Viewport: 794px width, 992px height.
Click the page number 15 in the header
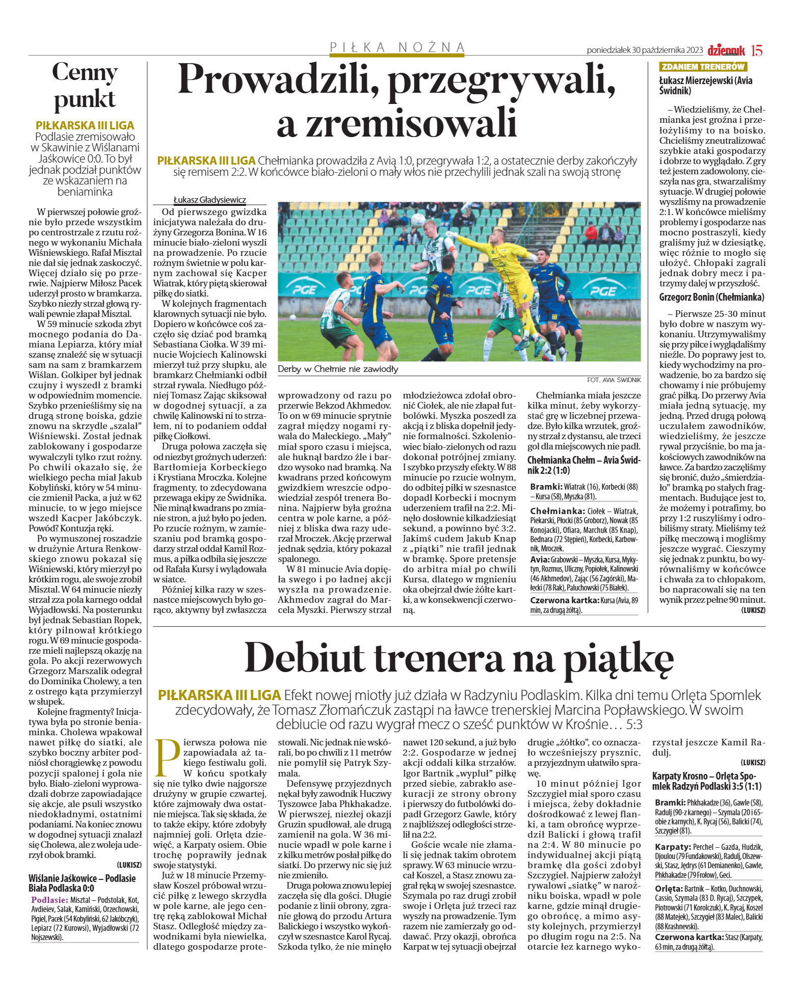[757, 50]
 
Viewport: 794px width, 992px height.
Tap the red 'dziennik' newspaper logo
[726, 50]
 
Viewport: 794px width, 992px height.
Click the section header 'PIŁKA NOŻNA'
[398, 47]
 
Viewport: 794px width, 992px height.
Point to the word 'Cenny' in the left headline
[85, 72]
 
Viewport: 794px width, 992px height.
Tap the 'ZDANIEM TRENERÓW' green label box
[703, 67]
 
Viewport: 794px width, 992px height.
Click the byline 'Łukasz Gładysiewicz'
[209, 200]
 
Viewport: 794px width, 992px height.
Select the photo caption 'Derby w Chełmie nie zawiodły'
[338, 369]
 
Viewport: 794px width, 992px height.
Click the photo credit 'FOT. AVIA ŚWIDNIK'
[614, 380]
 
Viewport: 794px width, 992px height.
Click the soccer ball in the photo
[418, 220]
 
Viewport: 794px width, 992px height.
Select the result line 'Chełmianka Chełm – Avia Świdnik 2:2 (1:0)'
[584, 465]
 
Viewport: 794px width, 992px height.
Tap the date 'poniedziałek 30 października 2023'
[645, 50]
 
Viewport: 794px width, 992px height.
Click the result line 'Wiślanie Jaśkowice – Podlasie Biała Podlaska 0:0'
[82, 883]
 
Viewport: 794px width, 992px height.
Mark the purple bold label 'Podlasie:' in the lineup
[49, 900]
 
